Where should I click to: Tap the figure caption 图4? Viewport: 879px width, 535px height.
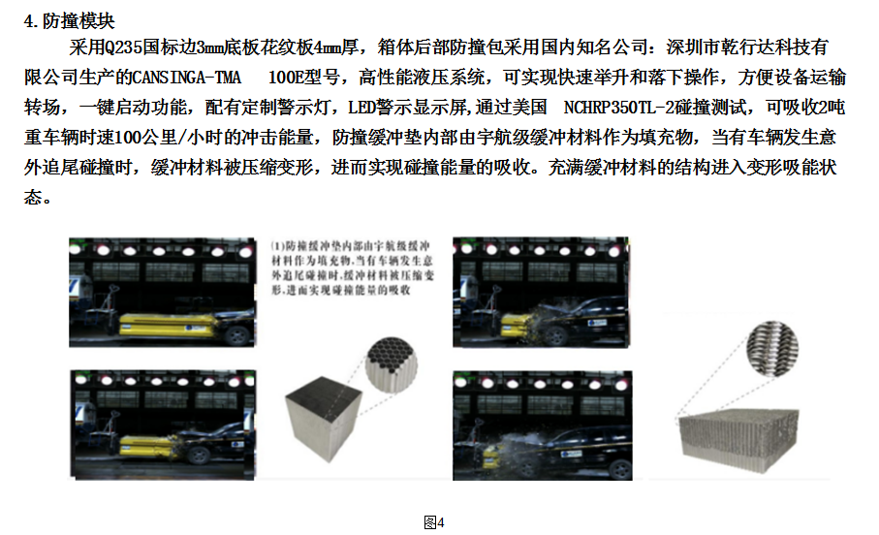tap(434, 523)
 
